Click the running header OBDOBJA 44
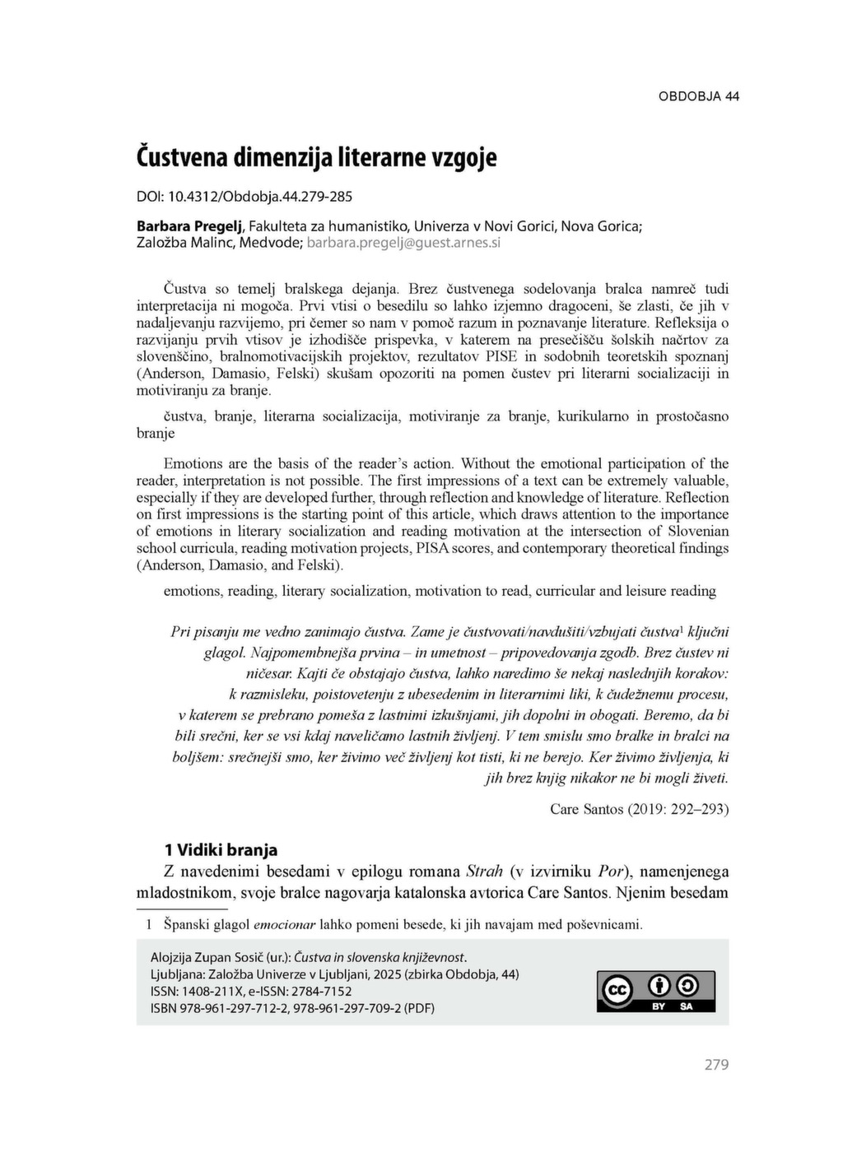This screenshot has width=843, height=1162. coord(698,96)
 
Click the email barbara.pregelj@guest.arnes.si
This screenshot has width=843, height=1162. coord(403,243)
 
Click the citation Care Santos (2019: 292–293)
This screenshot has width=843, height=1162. coord(639,809)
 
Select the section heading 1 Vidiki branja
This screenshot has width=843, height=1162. coord(221,850)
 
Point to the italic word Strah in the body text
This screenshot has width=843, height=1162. coord(484,871)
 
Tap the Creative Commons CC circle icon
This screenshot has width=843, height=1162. coord(617,991)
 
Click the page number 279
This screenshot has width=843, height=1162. coord(716,1065)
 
